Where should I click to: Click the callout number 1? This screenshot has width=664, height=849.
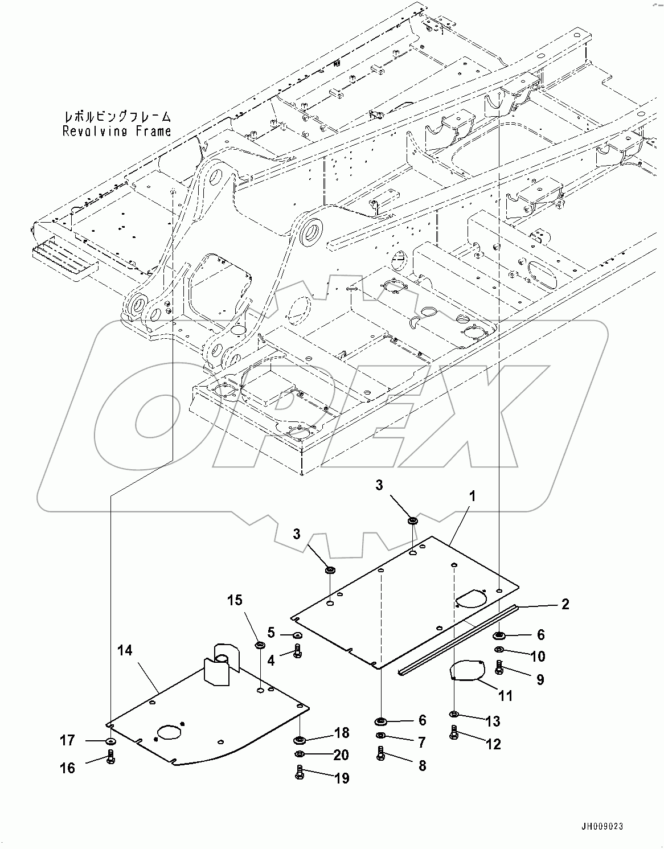472,496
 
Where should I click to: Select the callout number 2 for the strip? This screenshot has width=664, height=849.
564,604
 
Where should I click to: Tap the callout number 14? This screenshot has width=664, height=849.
125,650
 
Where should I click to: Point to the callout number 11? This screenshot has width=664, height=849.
505,695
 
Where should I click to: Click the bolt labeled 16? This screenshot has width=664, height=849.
111,758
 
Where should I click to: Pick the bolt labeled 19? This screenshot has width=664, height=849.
300,773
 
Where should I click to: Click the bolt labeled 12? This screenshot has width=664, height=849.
454,732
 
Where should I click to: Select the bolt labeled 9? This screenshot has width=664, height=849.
499,667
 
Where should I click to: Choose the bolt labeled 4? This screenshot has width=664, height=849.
297,652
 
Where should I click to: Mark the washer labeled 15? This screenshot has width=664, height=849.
260,645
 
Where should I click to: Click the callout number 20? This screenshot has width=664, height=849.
341,755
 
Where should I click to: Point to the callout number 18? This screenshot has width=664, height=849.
341,733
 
